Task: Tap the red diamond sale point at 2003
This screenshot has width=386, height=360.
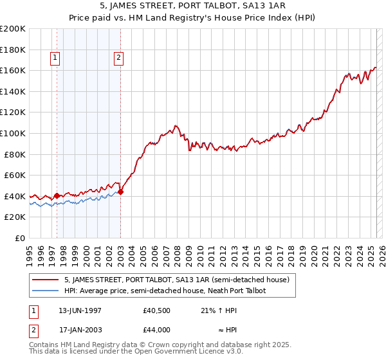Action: point(121,192)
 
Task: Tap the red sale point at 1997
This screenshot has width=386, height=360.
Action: point(57,195)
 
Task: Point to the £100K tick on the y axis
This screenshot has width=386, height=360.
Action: point(13,133)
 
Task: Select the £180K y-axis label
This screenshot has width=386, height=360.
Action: point(13,49)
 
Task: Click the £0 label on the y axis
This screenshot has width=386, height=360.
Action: point(19,238)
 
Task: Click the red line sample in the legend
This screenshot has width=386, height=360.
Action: point(46,280)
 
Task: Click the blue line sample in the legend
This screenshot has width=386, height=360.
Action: point(46,291)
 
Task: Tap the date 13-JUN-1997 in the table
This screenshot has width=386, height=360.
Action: point(80,310)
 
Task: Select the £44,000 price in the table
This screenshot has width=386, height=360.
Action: point(156,330)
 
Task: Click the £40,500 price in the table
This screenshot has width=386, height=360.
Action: point(156,310)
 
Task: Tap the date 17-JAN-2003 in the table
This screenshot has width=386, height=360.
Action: point(80,330)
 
